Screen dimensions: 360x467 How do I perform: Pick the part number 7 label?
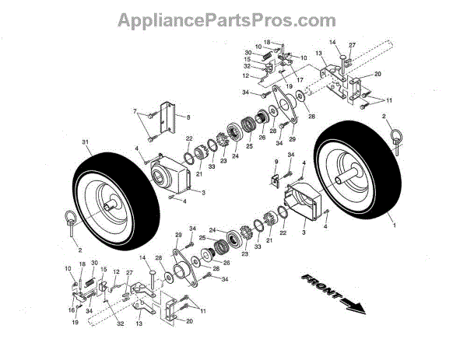click(134, 112)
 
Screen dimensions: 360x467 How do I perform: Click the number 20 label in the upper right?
click(377, 74)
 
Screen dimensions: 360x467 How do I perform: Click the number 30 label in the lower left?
click(95, 264)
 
